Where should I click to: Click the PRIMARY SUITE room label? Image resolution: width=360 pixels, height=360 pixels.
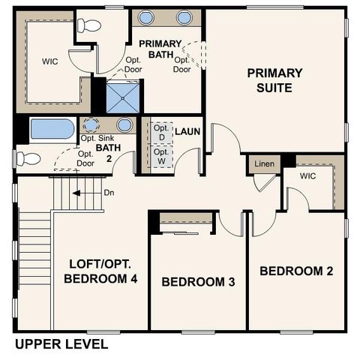click(275, 80)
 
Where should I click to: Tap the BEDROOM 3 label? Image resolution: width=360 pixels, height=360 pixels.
click(199, 282)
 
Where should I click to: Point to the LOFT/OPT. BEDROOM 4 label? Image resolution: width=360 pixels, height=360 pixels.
click(100, 271)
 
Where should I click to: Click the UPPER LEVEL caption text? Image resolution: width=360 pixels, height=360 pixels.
click(61, 345)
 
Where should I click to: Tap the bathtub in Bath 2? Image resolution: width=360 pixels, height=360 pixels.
click(52, 129)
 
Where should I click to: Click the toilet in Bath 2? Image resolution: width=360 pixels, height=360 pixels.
click(28, 158)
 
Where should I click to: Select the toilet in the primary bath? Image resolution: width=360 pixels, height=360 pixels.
click(89, 25)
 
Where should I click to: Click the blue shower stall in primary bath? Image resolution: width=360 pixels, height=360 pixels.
click(116, 96)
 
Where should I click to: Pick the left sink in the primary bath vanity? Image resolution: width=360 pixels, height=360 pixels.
click(147, 17)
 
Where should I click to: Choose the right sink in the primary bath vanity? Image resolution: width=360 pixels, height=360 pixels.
click(184, 17)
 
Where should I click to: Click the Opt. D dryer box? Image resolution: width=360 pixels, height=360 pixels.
click(161, 132)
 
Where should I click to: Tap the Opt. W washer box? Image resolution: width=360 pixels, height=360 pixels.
click(161, 156)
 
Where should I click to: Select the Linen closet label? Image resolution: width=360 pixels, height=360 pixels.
click(264, 163)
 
